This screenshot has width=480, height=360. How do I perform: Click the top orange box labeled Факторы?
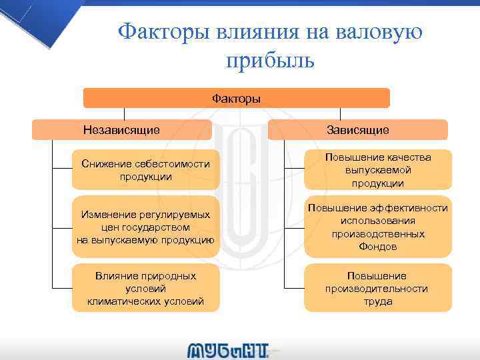click(x=236, y=99)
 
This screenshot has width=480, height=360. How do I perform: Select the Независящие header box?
click(x=121, y=129)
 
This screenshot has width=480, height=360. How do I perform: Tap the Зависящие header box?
click(x=358, y=129)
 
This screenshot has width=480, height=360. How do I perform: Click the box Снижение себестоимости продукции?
click(x=145, y=170)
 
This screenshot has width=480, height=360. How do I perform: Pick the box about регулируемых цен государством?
click(x=145, y=227)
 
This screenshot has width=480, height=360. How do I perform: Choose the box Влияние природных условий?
click(x=145, y=289)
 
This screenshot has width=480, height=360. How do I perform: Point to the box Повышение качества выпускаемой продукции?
click(x=378, y=170)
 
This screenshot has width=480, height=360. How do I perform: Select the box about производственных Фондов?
click(x=378, y=227)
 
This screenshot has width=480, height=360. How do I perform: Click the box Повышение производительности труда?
click(x=378, y=289)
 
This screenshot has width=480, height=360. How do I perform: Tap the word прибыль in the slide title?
click(x=269, y=61)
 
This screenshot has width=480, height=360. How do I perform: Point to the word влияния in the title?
click(x=256, y=31)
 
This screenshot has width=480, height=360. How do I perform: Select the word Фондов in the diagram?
click(x=377, y=247)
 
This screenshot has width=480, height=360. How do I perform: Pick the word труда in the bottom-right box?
click(x=378, y=301)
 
